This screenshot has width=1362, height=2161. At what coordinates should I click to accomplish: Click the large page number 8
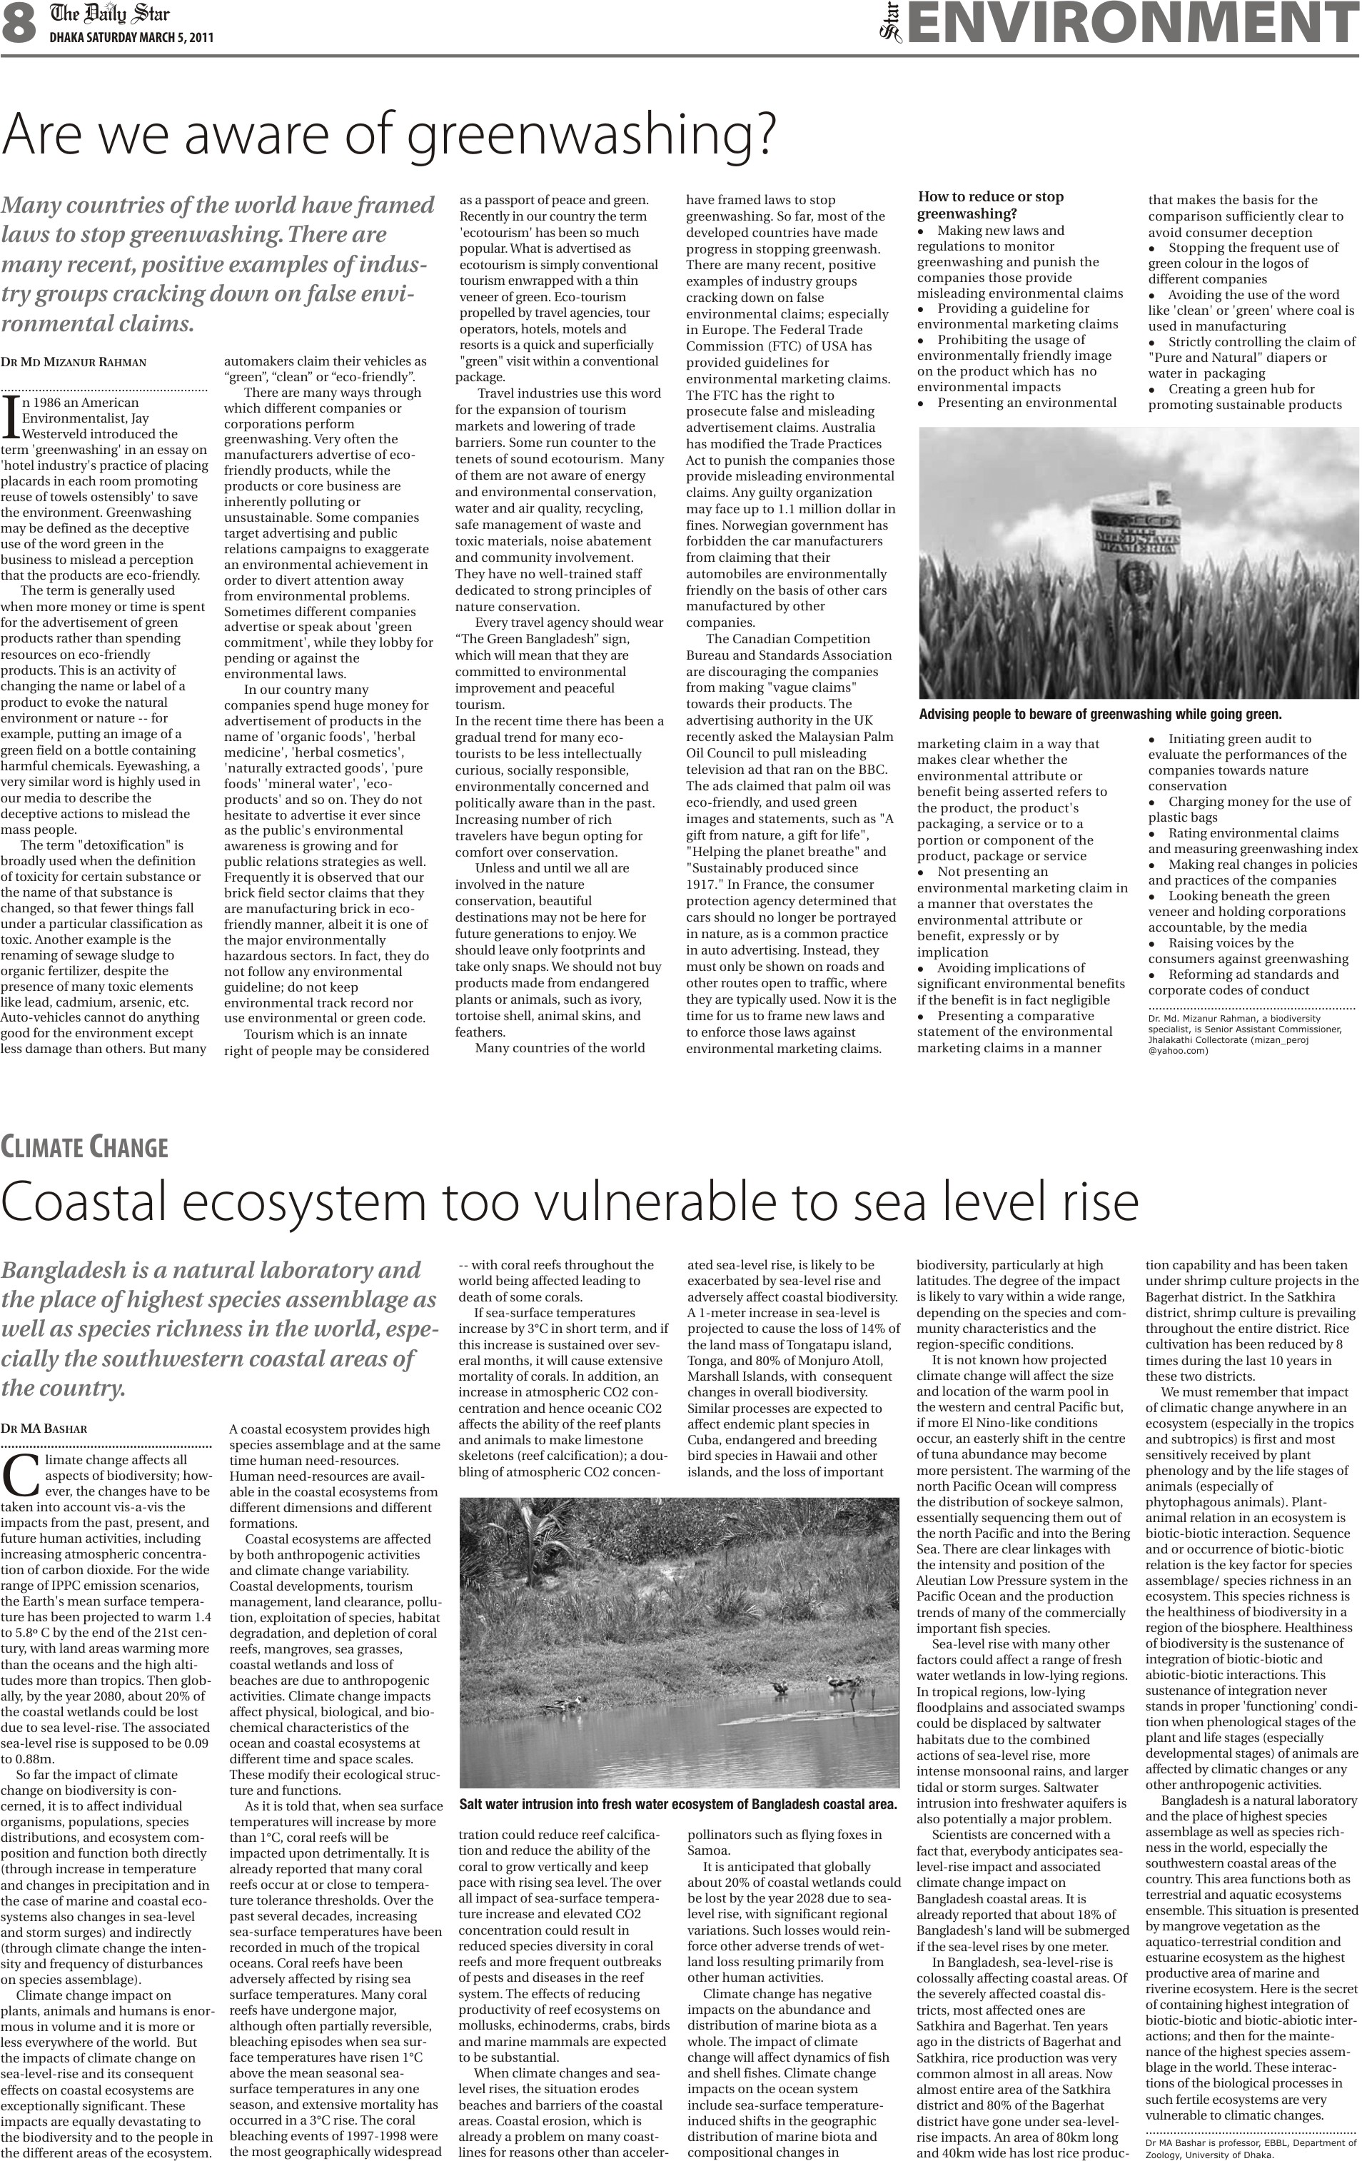pos(18,24)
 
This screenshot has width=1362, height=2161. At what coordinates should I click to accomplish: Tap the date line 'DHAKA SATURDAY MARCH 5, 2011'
pos(131,38)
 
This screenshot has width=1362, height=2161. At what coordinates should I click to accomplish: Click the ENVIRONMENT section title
pos(1132,24)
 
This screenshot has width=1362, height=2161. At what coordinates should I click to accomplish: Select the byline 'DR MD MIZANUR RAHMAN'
pos(74,363)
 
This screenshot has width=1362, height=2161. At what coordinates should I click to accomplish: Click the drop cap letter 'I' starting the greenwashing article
pos(10,415)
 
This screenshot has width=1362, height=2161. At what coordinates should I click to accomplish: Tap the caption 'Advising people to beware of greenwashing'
pos(1100,715)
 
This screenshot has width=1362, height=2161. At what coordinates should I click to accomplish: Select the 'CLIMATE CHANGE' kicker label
pos(84,1147)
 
